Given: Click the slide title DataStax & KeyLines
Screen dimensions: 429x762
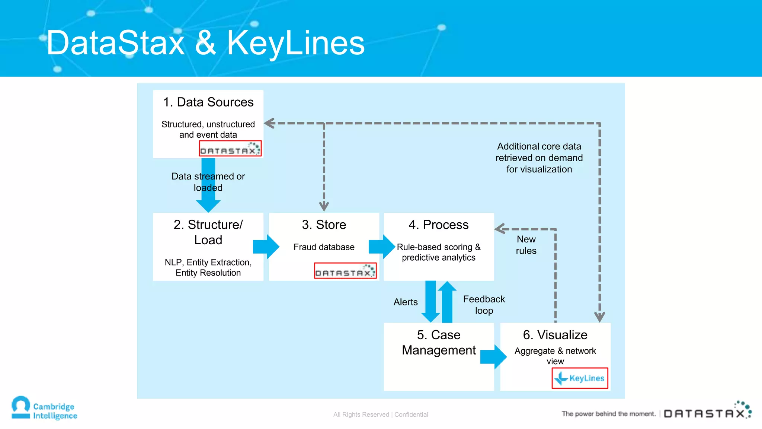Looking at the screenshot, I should (x=205, y=43).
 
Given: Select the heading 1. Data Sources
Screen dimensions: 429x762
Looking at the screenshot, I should (x=208, y=102).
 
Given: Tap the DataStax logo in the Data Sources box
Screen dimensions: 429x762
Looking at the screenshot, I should (x=230, y=148).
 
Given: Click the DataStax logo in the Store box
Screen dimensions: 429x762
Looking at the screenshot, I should (x=345, y=271).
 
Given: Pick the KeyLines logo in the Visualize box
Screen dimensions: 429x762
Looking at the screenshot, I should (x=580, y=378).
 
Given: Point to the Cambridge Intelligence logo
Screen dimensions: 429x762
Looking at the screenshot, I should (x=44, y=409).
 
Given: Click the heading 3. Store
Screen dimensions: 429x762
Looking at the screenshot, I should (x=324, y=225).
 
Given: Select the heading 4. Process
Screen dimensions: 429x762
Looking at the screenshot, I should (x=438, y=225).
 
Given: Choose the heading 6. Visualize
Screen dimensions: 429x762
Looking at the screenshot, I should (x=555, y=335).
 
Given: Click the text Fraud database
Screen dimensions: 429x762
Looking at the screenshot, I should (x=324, y=247).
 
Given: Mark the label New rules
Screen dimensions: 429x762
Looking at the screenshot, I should (x=526, y=245).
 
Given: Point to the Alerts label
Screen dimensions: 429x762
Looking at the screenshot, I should (x=406, y=302).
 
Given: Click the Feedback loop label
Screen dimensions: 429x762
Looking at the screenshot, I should (x=484, y=305).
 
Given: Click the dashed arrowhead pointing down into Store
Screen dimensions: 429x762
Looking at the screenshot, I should (x=324, y=206).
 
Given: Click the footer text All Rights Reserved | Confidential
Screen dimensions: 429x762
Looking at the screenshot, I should (x=381, y=414).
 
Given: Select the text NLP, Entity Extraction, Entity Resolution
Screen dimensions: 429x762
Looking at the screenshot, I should (x=208, y=267).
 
